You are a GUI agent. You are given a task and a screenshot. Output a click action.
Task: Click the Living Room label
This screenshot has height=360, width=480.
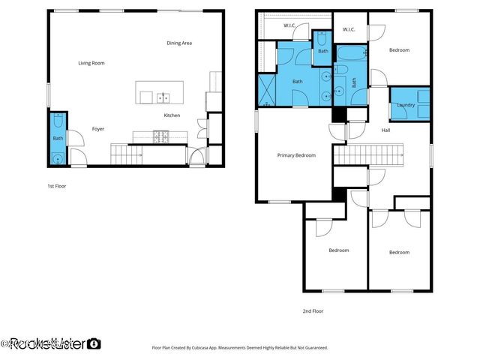[91, 63]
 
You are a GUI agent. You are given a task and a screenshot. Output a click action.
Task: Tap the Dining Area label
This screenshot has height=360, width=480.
[179, 43]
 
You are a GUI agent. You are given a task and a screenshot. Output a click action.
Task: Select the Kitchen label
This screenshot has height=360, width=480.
[172, 115]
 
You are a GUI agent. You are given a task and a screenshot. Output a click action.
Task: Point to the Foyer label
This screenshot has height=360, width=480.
[98, 129]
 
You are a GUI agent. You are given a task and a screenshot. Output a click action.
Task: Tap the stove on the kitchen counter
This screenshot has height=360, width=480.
[160, 136]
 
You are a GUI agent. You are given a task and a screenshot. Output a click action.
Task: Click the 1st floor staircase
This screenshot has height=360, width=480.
[126, 155]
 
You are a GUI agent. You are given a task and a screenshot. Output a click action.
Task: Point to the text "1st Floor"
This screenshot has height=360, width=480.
[57, 185]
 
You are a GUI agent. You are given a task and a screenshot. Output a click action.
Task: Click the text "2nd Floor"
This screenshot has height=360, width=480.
[313, 310]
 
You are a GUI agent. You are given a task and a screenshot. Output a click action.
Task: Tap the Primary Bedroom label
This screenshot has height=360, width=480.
[296, 155]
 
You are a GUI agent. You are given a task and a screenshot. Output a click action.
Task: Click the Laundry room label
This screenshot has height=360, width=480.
[406, 106]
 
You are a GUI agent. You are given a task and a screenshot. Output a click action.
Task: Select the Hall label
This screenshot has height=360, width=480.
[385, 130]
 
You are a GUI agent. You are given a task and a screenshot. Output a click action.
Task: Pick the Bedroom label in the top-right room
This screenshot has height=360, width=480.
[399, 50]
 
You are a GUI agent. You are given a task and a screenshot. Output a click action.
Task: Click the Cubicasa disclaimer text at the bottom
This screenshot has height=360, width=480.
[240, 347]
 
